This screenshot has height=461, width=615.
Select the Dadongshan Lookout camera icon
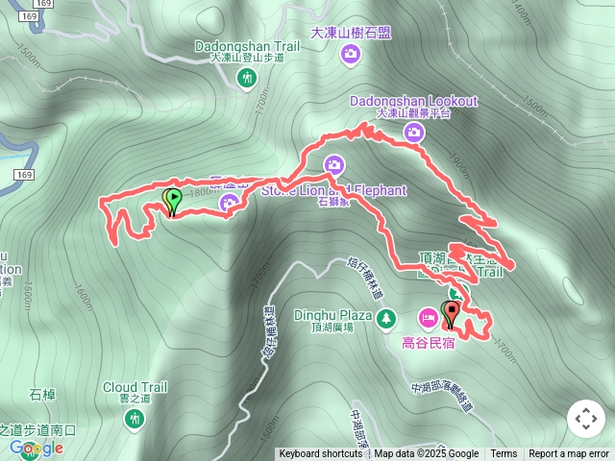pyautogui.click(x=414, y=133)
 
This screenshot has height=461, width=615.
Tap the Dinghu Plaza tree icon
pyautogui.click(x=385, y=316)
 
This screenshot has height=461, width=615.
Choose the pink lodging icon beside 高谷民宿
pyautogui.click(x=426, y=316)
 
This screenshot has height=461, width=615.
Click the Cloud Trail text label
pyautogui.click(x=135, y=387)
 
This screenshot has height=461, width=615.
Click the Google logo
pyautogui.click(x=37, y=448)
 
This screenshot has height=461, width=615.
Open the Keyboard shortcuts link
pyautogui.click(x=321, y=454)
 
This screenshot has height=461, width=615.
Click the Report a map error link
pyautogui.click(x=569, y=454)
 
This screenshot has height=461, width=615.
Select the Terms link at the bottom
pyautogui.click(x=504, y=454)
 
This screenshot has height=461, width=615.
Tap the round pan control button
pyautogui.click(x=585, y=419)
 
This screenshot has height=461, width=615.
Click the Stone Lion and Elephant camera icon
pyautogui.click(x=332, y=165)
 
